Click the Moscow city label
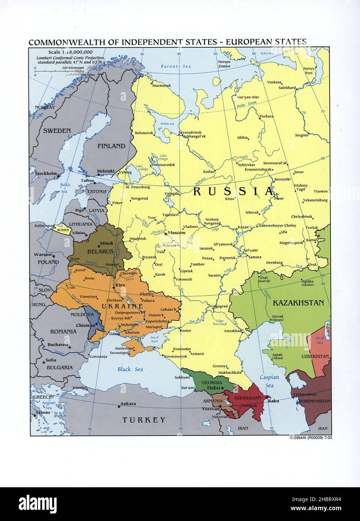click(176, 233)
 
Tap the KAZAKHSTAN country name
click(298, 303)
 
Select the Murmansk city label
click(162, 85)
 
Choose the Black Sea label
click(130, 369)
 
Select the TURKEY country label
click(144, 420)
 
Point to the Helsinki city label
click(105, 171)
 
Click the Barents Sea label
click(176, 66)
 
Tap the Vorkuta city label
click(274, 82)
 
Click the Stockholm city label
click(46, 174)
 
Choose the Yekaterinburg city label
click(315, 200)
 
